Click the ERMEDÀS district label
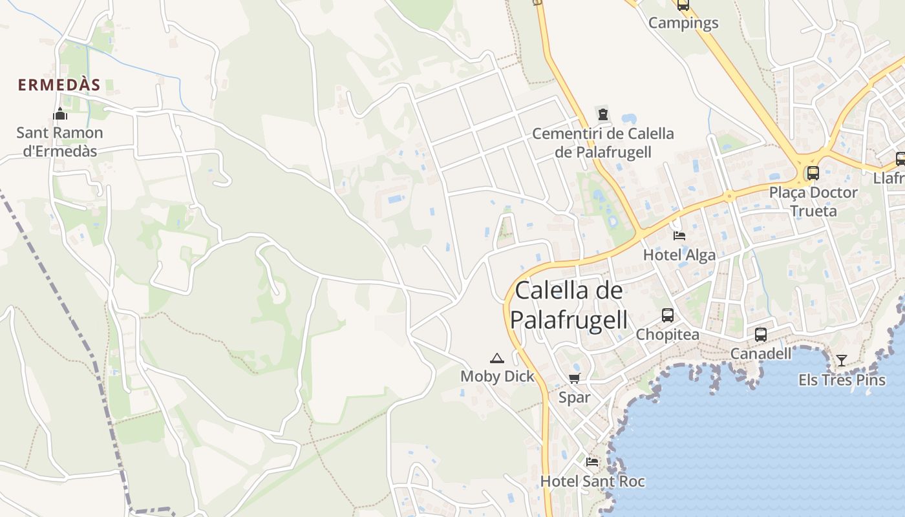click(59, 85)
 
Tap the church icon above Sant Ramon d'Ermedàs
click(60, 114)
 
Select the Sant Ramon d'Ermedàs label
click(59, 142)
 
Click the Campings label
click(683, 23)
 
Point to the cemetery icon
click(603, 114)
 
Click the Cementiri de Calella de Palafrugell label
click(602, 143)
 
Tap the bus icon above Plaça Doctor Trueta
click(813, 173)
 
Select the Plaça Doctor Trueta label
click(813, 201)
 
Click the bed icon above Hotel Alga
click(679, 235)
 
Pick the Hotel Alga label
click(679, 255)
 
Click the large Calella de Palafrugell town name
click(569, 304)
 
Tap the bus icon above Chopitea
click(668, 315)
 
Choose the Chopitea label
click(668, 334)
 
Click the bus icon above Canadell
click(761, 335)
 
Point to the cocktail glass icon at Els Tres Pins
click(841, 361)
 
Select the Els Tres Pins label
click(842, 379)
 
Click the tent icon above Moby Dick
click(496, 358)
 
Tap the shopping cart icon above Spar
click(574, 378)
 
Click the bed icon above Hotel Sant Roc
click(591, 462)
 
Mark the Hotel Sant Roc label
click(592, 481)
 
